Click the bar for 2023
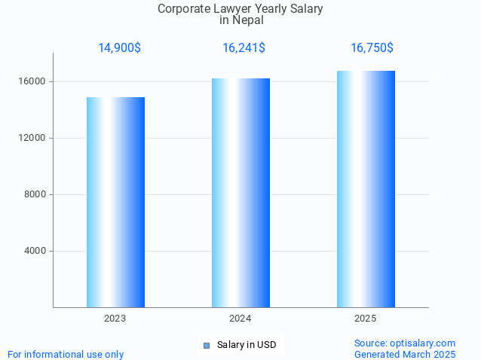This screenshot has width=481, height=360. pyautogui.click(x=115, y=202)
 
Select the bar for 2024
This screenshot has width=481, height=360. pyautogui.click(x=240, y=193)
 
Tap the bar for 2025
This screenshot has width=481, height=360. pyautogui.click(x=366, y=189)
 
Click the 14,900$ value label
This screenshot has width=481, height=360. pyautogui.click(x=119, y=47)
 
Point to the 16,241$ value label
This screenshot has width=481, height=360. pyautogui.click(x=244, y=47)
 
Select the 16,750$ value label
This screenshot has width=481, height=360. pyautogui.click(x=372, y=47)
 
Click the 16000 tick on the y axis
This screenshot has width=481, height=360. pyautogui.click(x=33, y=81)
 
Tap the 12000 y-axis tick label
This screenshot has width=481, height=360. pyautogui.click(x=33, y=138)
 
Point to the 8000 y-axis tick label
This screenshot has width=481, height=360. pyautogui.click(x=35, y=194)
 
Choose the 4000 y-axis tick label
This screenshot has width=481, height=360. pyautogui.click(x=35, y=251)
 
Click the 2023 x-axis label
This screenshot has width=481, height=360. pyautogui.click(x=115, y=319)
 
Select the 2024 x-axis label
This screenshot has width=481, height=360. pyautogui.click(x=240, y=319)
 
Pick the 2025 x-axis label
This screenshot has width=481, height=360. pyautogui.click(x=366, y=319)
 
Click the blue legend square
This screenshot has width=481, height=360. pyautogui.click(x=206, y=346)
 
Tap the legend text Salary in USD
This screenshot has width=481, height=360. pyautogui.click(x=247, y=345)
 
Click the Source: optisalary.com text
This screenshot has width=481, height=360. pyautogui.click(x=405, y=343)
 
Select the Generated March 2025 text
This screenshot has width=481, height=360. pyautogui.click(x=405, y=354)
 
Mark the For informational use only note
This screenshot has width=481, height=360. pyautogui.click(x=66, y=354)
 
